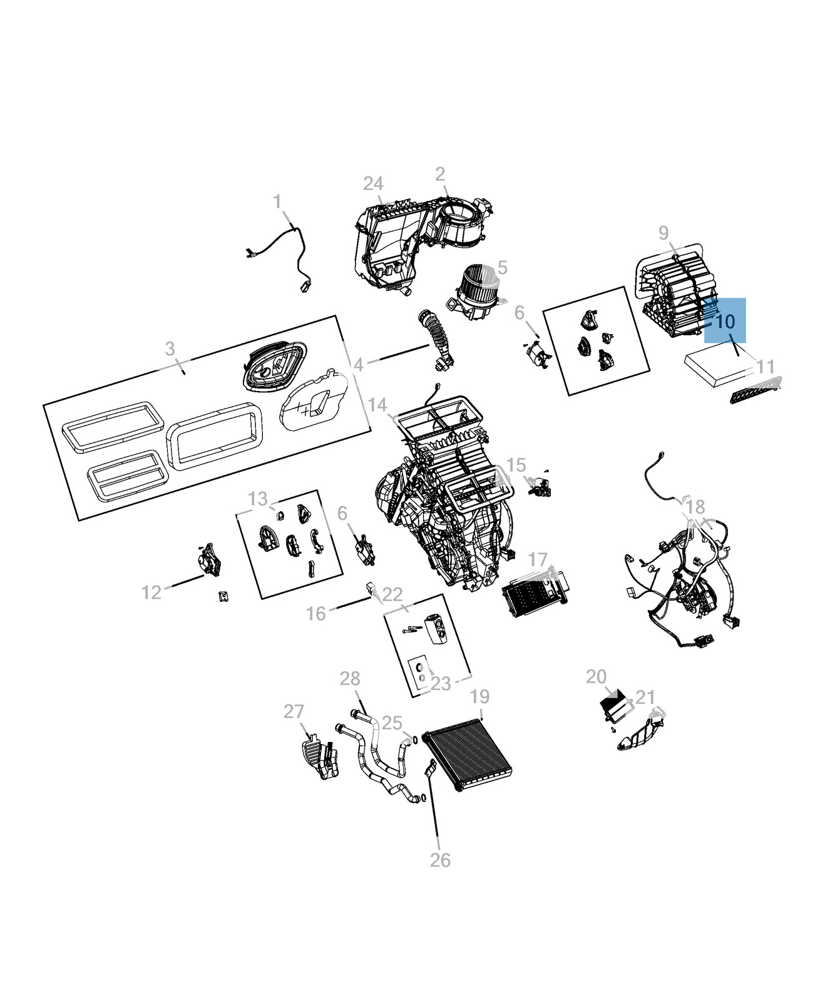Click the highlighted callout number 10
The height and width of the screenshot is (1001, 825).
click(x=725, y=322)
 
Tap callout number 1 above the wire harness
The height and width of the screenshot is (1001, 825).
click(x=277, y=202)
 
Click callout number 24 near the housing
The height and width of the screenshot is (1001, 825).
click(x=373, y=184)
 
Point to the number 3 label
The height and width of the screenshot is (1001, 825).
click(x=170, y=349)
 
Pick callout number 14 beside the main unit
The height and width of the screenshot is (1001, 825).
click(x=377, y=405)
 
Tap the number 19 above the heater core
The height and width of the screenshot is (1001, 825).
click(x=479, y=696)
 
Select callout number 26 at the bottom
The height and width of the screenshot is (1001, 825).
click(x=440, y=860)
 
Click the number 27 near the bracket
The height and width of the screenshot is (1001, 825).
click(x=294, y=711)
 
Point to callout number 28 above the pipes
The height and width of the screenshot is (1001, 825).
click(x=350, y=678)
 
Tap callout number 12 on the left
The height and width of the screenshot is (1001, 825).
click(x=151, y=592)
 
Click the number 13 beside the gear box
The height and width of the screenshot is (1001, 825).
click(x=258, y=499)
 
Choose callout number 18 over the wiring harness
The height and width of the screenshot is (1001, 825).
click(x=695, y=507)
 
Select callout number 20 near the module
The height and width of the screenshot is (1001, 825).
click(x=596, y=676)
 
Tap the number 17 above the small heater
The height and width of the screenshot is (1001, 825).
click(x=538, y=559)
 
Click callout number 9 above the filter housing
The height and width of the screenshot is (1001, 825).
click(x=664, y=233)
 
